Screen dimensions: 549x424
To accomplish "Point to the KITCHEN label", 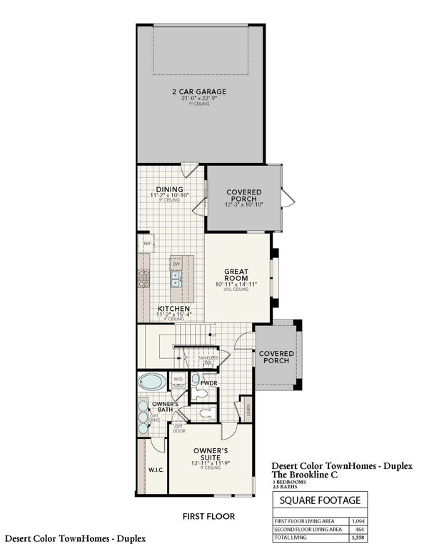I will [x=173, y=309].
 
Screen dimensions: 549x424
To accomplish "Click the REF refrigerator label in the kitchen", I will [x=147, y=244].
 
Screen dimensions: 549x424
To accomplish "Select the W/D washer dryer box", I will [x=178, y=378].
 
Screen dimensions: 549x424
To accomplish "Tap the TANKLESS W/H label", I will [x=208, y=360].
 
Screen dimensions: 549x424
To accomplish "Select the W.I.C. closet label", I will [x=156, y=470].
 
